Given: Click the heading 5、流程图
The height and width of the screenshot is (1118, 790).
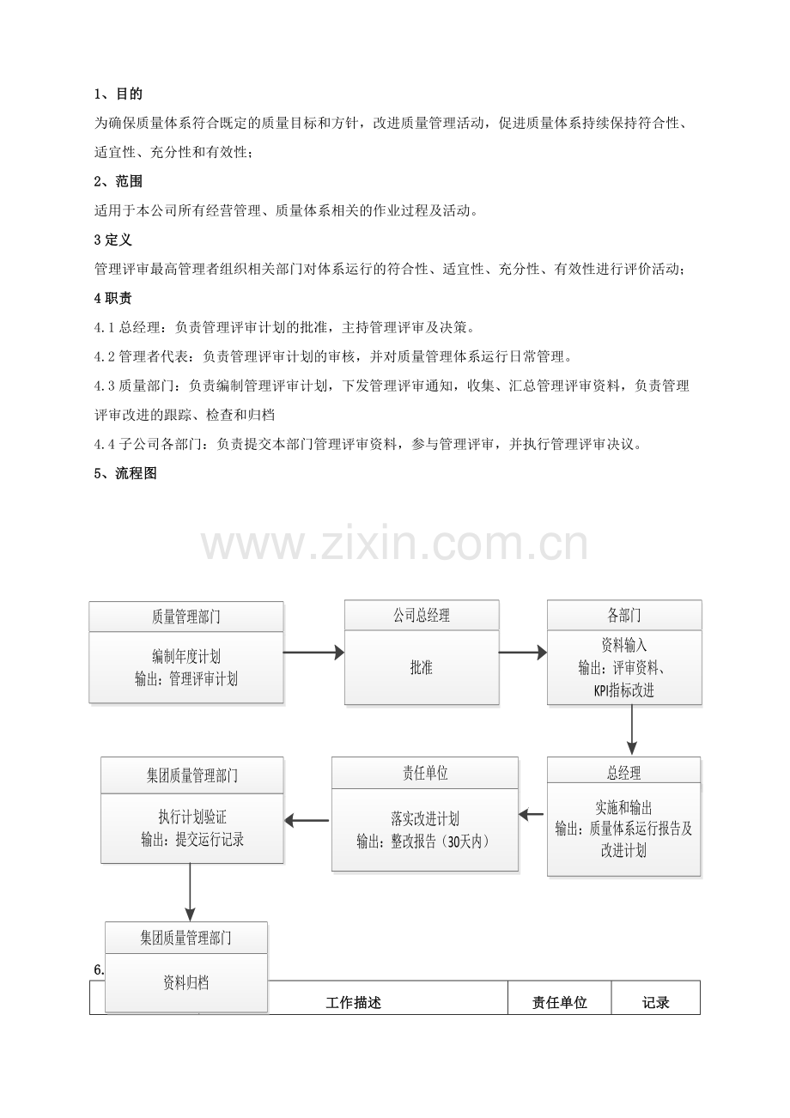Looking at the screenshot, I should (x=125, y=473).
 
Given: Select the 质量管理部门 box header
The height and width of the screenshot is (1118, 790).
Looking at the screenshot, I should (x=185, y=617).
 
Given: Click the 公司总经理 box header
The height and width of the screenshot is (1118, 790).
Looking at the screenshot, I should (x=421, y=615).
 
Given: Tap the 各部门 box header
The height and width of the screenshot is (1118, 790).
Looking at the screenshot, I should (x=623, y=615).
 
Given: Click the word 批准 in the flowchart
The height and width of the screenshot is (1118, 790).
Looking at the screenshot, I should (x=421, y=667).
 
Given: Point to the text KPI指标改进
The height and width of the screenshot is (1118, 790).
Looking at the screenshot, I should (x=623, y=690).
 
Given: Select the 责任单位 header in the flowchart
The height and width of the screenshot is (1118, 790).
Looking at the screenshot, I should (x=425, y=773).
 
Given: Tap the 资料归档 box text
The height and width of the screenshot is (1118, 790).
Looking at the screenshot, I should (x=185, y=982).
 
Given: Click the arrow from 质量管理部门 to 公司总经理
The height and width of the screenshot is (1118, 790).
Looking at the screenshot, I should (x=313, y=653).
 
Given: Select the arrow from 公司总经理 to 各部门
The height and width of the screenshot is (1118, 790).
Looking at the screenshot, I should (x=522, y=653).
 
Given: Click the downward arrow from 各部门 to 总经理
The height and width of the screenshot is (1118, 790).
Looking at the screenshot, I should (x=632, y=730).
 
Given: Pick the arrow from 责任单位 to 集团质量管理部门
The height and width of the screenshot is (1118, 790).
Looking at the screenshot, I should (x=307, y=821).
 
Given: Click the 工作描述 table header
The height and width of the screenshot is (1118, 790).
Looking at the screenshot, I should (x=353, y=1002).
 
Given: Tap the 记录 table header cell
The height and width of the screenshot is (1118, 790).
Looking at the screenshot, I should (x=655, y=1002).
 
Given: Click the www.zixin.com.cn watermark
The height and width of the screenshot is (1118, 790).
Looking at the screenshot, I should (x=394, y=545).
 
